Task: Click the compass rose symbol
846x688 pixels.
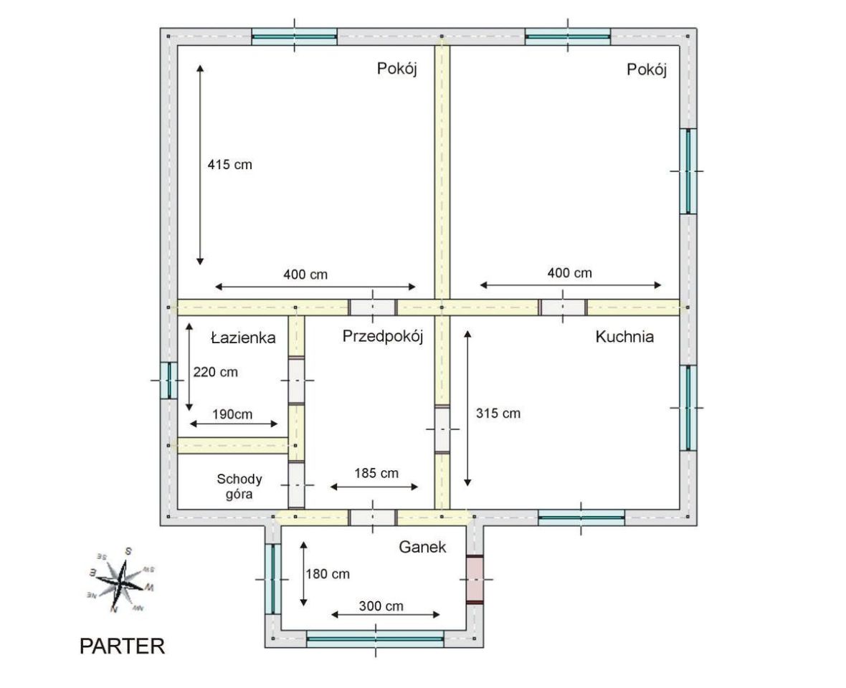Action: (122, 580)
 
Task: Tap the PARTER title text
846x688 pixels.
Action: (122, 646)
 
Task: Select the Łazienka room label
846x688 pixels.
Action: (243, 338)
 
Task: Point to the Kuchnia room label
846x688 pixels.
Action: (624, 336)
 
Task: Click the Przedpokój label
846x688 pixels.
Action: (383, 337)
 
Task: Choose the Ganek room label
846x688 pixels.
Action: (422, 547)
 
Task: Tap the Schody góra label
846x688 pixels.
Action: (239, 487)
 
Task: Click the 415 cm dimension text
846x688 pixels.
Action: (230, 164)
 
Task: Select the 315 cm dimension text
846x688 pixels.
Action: (498, 414)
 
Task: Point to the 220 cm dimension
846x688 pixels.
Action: (215, 372)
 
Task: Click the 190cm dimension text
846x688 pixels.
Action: (232, 414)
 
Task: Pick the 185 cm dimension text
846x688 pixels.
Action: (376, 474)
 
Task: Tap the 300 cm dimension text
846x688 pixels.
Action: (381, 606)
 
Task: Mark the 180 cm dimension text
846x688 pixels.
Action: (328, 574)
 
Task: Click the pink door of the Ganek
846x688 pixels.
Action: (475, 579)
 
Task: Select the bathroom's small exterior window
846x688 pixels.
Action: (169, 380)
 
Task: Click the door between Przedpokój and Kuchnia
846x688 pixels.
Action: (442, 429)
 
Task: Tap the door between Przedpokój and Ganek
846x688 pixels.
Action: (373, 517)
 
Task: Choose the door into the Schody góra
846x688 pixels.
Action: (296, 484)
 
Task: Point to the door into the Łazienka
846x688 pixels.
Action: (296, 381)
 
